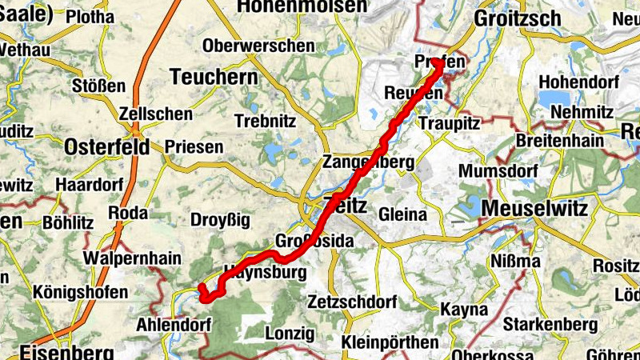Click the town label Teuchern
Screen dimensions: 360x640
[x=214, y=77]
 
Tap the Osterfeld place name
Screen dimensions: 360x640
[x=106, y=146]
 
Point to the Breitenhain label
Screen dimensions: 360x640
[x=555, y=139]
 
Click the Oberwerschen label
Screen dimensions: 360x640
[x=258, y=46]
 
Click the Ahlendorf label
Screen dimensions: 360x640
[x=174, y=325]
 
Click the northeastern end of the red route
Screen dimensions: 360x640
[x=439, y=64]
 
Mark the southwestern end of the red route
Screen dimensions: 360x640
[x=202, y=288]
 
